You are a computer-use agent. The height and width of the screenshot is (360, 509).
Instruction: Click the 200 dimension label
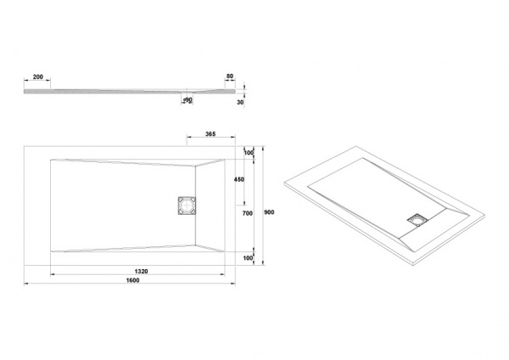point(38,77)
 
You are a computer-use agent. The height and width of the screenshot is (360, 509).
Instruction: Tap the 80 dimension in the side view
point(230,76)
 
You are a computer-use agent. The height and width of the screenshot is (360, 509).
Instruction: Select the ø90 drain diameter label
point(187,99)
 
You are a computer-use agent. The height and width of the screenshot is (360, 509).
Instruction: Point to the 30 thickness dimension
point(240,103)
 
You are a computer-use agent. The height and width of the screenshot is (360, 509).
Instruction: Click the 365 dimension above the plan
point(210,134)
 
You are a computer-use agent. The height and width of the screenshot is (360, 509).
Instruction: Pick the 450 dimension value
point(239,179)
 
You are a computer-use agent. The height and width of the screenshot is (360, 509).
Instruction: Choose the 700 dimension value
point(248,213)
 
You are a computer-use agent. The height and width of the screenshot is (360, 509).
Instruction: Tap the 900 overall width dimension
point(269,212)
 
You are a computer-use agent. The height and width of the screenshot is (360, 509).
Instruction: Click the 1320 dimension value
point(141,272)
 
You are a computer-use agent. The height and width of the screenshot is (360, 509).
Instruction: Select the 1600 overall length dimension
point(133,280)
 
